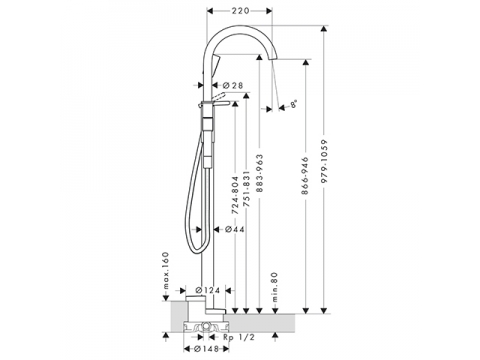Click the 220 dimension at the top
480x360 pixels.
pos(240,11)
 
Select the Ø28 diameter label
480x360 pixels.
pos(233,85)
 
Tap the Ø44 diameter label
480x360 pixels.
pos(234,229)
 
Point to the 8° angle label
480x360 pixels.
pos(293,104)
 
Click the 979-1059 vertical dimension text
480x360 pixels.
pos(325,161)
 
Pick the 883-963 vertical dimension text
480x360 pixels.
pos(260,173)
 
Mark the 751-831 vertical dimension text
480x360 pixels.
pos(247,189)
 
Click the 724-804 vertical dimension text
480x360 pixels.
pos(235,195)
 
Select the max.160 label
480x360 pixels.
pos(166,271)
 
